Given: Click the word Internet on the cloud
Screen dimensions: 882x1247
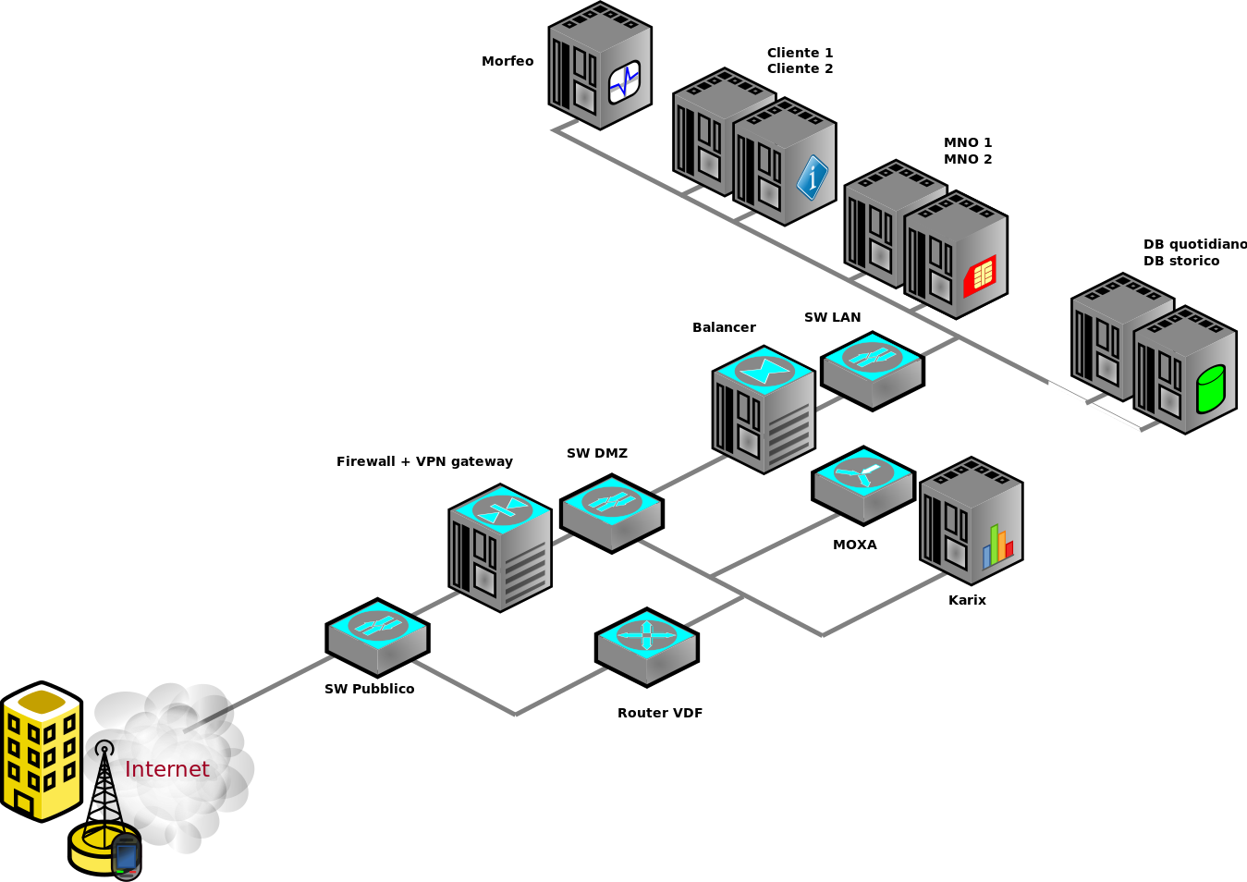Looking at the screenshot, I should point(166,769).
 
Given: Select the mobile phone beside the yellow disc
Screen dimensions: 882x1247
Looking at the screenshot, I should point(126,856).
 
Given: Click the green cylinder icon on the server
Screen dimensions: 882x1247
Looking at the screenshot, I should point(1210,388).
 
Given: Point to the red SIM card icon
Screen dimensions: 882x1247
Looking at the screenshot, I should point(980,276).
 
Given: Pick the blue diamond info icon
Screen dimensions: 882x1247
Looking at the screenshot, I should point(812,177).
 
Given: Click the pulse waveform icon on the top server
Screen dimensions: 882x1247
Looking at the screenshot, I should point(624,82).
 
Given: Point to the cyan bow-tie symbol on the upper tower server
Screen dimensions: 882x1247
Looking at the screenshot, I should point(764,371).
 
